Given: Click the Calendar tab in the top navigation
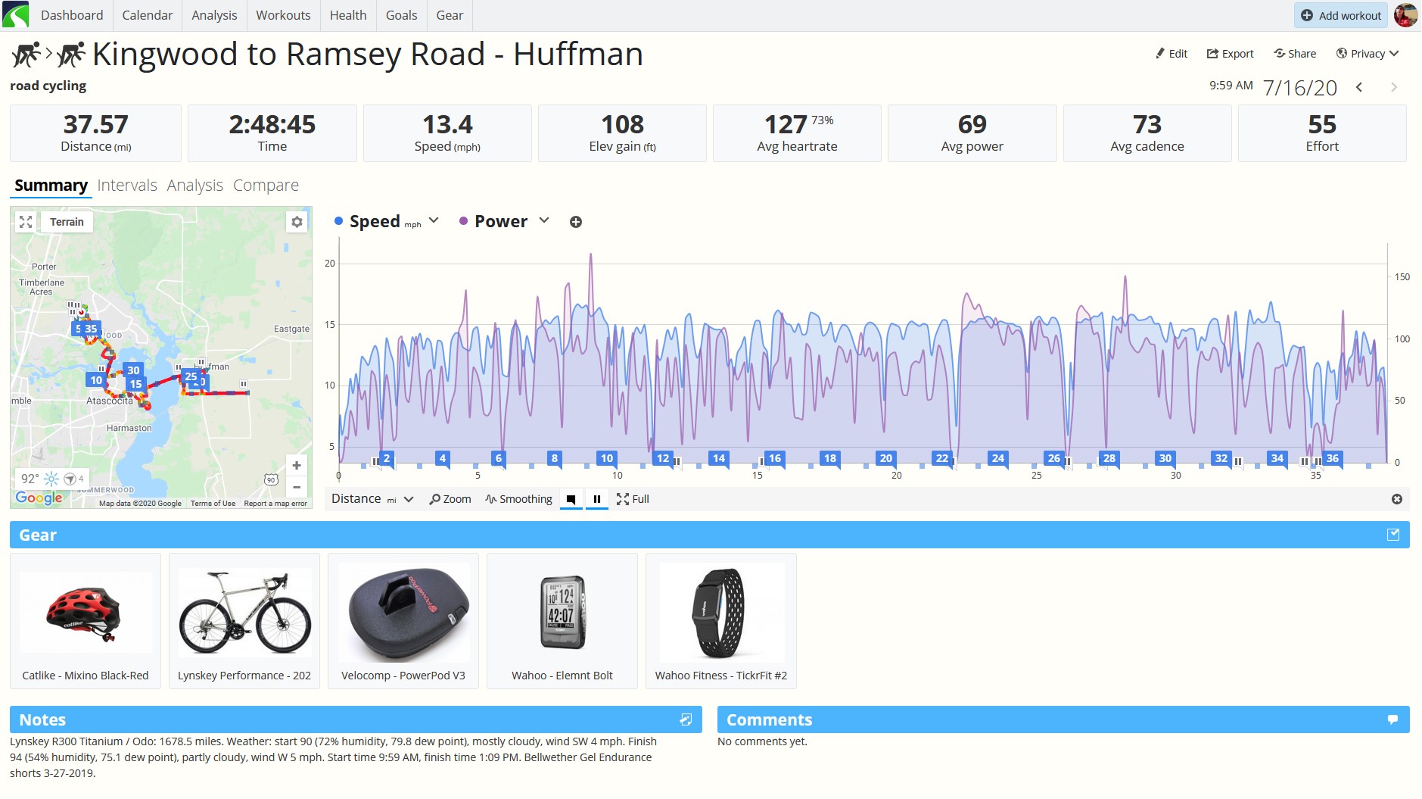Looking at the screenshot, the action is coord(147,15).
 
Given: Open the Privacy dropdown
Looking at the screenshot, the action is coord(1368,54).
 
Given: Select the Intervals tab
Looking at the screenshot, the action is coord(127,186).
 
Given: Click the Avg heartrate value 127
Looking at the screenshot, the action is coord(786,124).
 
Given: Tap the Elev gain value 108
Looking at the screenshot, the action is coord(622,124).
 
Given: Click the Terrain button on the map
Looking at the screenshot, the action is coord(67,222).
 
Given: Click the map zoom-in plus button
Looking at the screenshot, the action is coord(297,466).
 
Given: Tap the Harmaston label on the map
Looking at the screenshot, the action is coord(129,429).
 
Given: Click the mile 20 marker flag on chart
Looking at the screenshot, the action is coord(886,458).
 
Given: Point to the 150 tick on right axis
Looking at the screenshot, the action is coord(1402,277).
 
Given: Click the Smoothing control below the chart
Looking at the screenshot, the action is coord(519,499).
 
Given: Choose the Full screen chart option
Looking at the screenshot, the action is coord(633,499).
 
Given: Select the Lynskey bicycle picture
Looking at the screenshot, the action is coord(244,612).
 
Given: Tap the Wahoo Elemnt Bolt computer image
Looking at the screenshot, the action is coord(562,612).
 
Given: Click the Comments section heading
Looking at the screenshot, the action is coord(769,720).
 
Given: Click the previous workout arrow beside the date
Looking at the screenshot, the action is coord(1359,87).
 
